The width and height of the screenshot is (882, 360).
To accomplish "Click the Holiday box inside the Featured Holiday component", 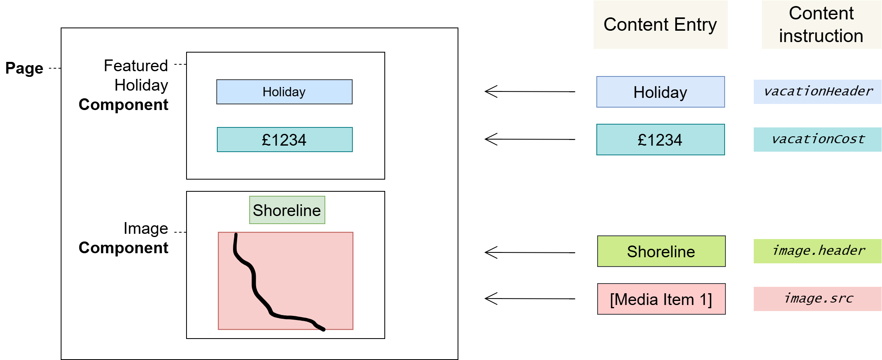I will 284,92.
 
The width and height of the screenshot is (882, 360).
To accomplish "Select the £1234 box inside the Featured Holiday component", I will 284,140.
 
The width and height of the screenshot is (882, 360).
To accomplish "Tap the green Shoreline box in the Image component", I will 287,210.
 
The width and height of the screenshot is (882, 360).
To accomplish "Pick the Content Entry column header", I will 660,25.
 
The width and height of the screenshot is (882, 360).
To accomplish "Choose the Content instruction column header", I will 821,25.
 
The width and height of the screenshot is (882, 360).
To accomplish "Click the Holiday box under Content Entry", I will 660,92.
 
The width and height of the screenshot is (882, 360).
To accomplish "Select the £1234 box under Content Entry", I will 660,140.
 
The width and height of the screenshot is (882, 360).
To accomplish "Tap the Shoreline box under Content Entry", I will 661,251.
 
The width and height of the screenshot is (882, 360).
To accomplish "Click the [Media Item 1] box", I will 661,299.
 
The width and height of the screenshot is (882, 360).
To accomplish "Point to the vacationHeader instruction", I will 818,92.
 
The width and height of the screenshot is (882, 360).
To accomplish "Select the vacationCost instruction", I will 818,140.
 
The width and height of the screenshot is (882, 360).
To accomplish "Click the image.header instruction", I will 818,251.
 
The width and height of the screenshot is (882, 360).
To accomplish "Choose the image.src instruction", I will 818,299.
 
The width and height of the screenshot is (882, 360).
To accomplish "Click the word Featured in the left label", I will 136,66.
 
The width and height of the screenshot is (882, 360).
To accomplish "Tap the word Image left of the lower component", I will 146,229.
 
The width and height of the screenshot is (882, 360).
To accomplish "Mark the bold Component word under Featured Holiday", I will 123,105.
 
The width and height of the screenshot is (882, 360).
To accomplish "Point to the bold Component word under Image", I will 123,248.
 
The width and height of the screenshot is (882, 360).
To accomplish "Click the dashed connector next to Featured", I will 180,64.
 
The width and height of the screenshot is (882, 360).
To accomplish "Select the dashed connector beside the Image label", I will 180,232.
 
